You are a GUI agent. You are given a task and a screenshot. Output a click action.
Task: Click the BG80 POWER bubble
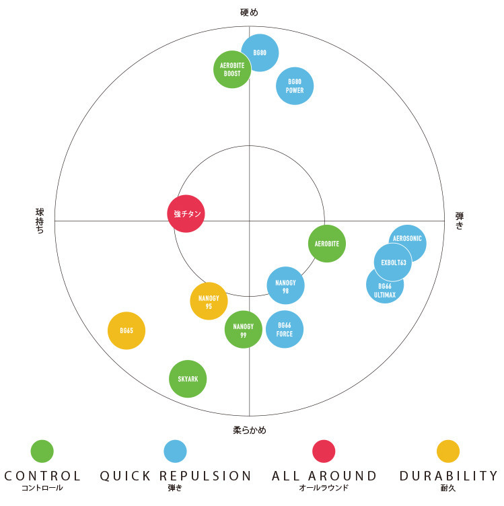click(x=295, y=86)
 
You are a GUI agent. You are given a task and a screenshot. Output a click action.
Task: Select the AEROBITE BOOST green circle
click(x=232, y=69)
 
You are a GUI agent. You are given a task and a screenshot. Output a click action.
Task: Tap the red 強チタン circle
click(x=186, y=213)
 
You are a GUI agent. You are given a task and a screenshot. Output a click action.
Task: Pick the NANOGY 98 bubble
click(x=285, y=285)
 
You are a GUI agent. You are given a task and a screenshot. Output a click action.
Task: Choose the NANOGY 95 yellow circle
click(x=209, y=301)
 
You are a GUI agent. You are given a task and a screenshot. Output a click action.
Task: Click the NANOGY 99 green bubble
click(x=244, y=330)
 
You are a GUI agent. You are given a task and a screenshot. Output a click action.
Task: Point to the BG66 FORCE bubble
click(x=285, y=329)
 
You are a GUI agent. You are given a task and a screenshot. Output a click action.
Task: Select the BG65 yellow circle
click(x=127, y=330)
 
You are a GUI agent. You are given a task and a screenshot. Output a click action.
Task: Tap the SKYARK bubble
click(x=188, y=379)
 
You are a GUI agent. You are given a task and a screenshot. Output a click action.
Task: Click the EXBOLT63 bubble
click(x=393, y=262)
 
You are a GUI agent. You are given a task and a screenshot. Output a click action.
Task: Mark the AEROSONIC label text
click(x=407, y=238)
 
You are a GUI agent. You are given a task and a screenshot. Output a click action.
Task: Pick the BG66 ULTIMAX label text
click(x=385, y=291)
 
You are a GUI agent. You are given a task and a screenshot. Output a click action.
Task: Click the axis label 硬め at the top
click(x=249, y=13)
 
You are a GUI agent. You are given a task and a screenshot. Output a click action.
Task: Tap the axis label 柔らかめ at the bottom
click(x=250, y=430)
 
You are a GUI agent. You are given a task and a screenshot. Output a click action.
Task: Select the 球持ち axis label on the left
click(x=40, y=221)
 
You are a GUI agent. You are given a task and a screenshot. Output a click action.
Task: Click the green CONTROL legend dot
click(x=42, y=451)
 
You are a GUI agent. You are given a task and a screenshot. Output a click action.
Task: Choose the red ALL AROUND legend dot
click(x=324, y=451)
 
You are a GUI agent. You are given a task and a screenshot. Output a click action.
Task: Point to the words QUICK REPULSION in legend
click(x=176, y=476)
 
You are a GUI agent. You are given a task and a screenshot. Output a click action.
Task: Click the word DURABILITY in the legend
click(x=449, y=476)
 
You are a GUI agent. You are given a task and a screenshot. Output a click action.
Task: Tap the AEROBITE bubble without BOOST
click(x=327, y=244)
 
